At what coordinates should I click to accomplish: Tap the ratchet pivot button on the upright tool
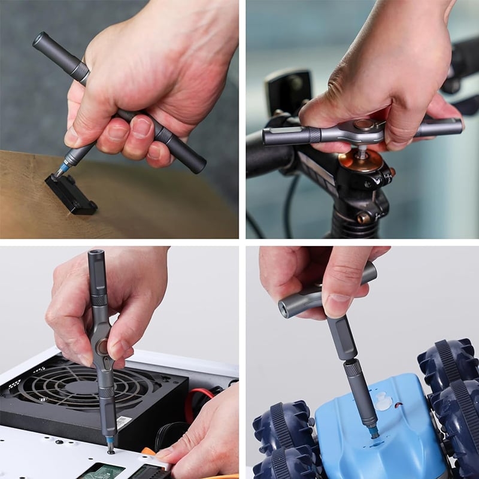coord(102,345)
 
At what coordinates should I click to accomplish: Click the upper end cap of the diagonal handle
coord(41,41)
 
